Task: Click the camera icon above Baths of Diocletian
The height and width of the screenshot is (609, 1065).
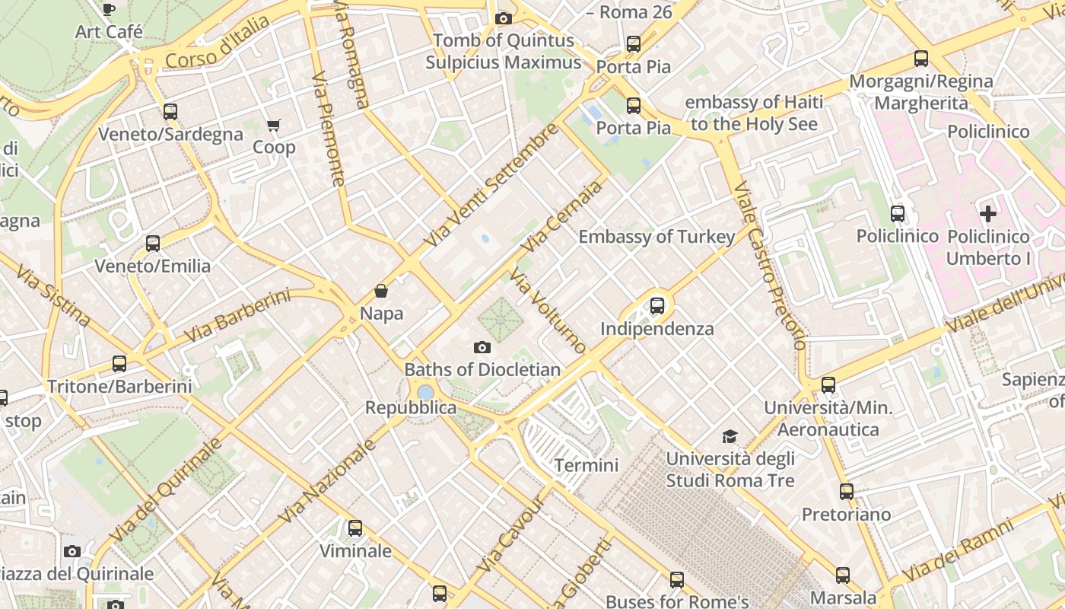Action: [482, 348]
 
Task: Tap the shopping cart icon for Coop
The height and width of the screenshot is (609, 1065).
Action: [273, 125]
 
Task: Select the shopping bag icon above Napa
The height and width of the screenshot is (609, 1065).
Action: [381, 291]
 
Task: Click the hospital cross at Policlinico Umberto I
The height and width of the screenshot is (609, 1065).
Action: [987, 214]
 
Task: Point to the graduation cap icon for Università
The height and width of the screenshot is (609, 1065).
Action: [730, 436]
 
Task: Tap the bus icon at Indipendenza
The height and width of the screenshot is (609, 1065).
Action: [657, 306]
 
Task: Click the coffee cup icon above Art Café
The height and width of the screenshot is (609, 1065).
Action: [109, 9]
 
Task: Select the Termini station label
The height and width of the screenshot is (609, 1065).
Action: [586, 465]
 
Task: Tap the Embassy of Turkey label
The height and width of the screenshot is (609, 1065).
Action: [656, 237]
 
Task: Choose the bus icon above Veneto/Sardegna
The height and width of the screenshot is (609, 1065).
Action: [170, 112]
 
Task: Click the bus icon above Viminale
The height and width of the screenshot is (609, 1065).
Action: [354, 528]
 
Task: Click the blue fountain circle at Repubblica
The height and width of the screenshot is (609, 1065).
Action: [425, 392]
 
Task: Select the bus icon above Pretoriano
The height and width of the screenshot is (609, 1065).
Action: [846, 492]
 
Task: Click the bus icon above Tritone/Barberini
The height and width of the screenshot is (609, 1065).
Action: [119, 364]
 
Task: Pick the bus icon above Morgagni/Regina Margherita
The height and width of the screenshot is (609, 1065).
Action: [920, 59]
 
